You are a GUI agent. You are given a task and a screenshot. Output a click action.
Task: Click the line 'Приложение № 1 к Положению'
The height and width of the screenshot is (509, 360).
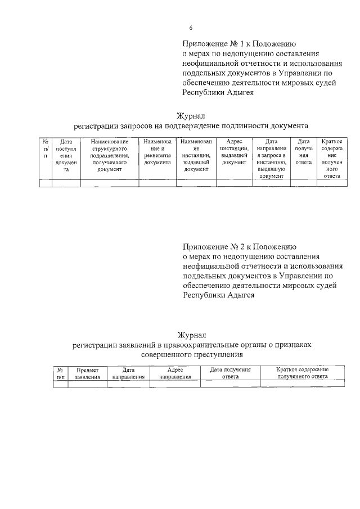click(239, 43)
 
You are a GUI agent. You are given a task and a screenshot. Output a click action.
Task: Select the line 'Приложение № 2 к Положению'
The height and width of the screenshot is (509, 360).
click(239, 246)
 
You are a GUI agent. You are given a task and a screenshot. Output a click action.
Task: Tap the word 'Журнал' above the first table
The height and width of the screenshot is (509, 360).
click(192, 116)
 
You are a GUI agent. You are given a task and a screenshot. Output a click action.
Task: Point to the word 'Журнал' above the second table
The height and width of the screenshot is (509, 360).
click(192, 335)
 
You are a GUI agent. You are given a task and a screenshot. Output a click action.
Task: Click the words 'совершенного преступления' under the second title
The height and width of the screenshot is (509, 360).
click(192, 355)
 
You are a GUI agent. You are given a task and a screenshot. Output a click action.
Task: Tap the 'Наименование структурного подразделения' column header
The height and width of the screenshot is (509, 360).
click(110, 155)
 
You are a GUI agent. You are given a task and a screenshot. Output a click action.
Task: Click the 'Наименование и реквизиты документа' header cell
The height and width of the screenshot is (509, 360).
click(157, 152)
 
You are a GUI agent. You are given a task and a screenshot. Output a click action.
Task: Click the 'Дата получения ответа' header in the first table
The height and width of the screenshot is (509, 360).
click(304, 152)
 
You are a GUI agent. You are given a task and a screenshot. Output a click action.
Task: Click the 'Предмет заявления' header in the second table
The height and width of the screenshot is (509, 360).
click(88, 373)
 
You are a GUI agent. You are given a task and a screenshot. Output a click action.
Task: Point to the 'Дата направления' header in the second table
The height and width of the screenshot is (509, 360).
click(128, 373)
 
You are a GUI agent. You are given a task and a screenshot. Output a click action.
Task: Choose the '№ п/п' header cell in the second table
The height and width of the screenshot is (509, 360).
click(60, 373)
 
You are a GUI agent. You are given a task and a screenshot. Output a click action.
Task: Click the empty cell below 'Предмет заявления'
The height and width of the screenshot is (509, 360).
click(88, 384)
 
